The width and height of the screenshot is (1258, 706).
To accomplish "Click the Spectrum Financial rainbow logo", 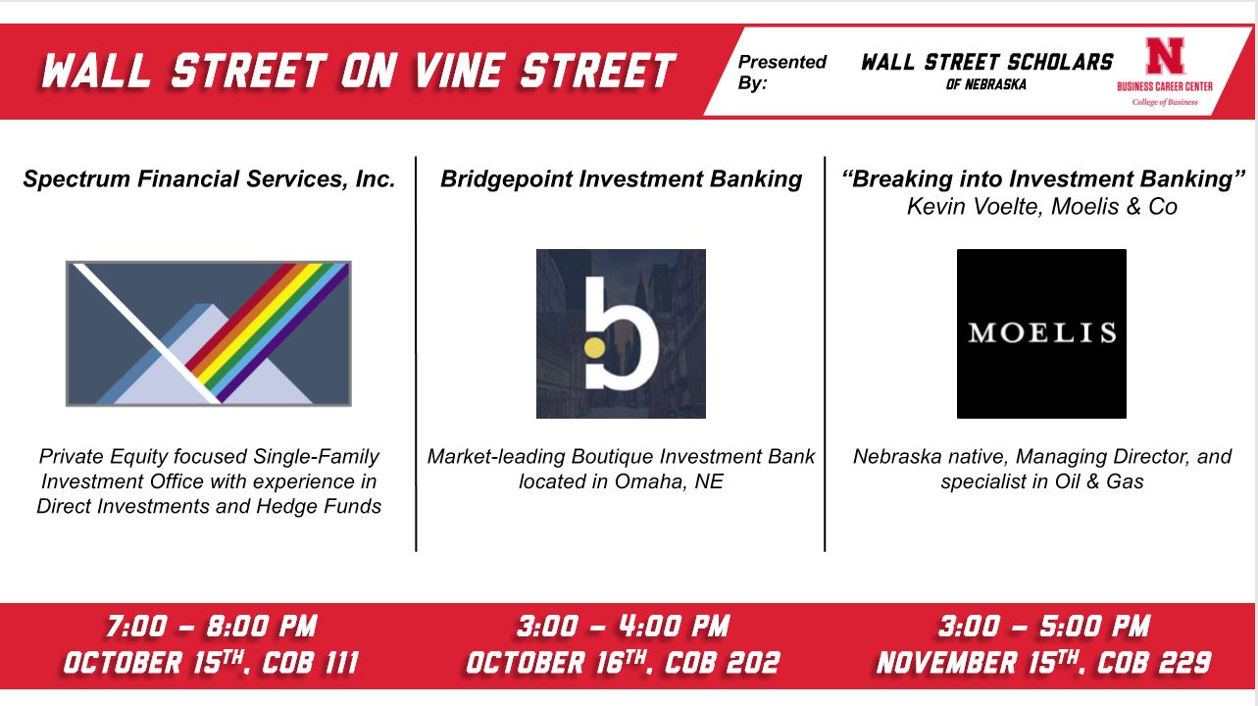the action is (208, 333).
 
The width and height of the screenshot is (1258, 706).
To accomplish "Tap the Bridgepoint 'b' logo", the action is (621, 333).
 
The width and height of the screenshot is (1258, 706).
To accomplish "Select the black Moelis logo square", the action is (1041, 333).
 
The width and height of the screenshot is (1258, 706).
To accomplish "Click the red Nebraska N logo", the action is (1165, 56).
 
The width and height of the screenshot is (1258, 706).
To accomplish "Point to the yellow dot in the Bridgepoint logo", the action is (594, 348).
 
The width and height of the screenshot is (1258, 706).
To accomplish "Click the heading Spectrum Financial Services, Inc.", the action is (209, 179).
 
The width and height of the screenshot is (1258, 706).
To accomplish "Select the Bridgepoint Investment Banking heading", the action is (621, 179).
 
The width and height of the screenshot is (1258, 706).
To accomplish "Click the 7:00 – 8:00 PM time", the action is (212, 627).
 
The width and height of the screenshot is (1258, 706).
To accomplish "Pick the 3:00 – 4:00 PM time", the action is (623, 627).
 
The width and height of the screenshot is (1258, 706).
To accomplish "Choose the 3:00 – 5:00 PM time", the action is (1044, 627).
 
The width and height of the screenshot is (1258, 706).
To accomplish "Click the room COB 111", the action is (311, 663).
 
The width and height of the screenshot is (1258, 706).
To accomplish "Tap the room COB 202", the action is (723, 663).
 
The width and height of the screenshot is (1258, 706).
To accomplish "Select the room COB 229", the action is (1154, 663).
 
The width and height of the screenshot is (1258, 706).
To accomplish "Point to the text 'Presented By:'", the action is (781, 72).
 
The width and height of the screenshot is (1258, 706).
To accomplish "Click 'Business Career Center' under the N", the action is (1165, 86).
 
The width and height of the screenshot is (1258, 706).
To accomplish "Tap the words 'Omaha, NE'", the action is (669, 481).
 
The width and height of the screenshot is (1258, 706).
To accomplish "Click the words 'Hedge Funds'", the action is (319, 507).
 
